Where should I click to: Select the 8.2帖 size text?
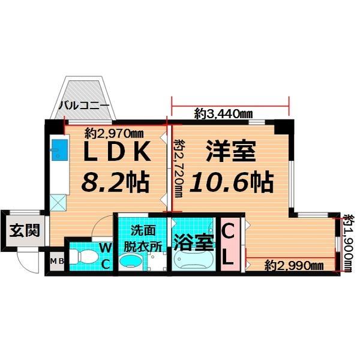point(116,181)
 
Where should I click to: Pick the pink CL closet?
point(229,245)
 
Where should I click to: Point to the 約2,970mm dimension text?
point(114,133)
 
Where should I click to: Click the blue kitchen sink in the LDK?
point(60,148)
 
